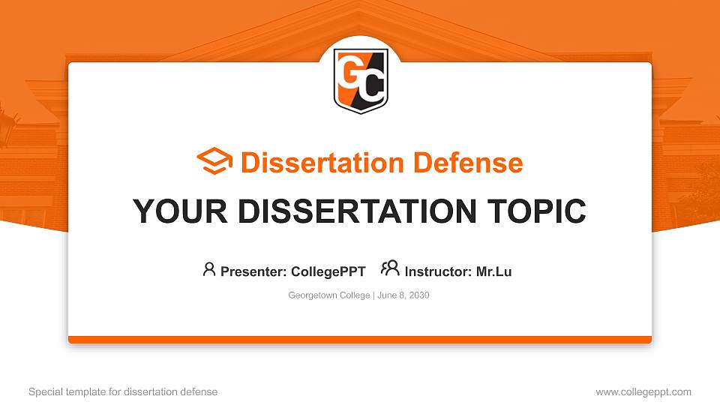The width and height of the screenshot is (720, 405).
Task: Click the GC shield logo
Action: (361, 81)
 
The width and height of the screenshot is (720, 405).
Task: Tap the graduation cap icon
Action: (214, 161)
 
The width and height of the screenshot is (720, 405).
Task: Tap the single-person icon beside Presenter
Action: (209, 269)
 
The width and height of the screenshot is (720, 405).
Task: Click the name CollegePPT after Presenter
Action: (328, 271)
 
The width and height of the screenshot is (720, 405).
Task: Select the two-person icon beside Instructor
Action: (390, 269)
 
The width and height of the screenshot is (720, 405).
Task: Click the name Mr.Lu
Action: (493, 271)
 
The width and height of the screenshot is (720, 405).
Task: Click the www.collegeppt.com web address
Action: (643, 391)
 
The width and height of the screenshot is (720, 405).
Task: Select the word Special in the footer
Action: (46, 391)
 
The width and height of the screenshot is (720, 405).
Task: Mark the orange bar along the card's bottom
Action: (360, 340)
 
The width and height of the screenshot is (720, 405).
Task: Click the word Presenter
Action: (247, 271)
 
